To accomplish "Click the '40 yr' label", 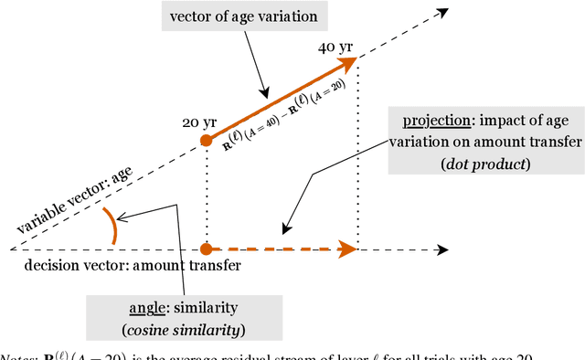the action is tap(334, 47).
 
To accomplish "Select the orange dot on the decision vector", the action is tap(207, 248).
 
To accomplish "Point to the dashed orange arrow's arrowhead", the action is tap(348, 248).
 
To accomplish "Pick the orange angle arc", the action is tap(110, 226).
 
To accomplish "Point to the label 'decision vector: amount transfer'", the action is tap(133, 266).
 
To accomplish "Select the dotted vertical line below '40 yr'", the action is tap(357, 155).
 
